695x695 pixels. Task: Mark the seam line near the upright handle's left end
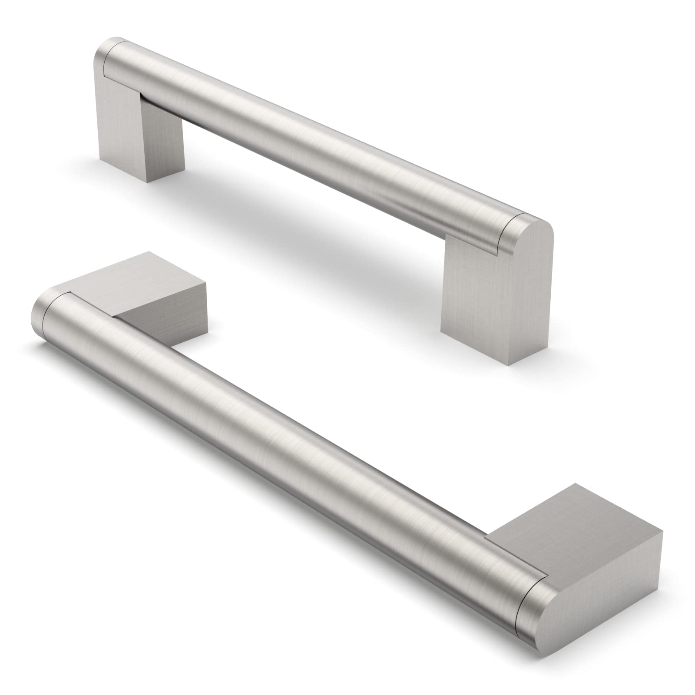(x=106, y=56)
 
